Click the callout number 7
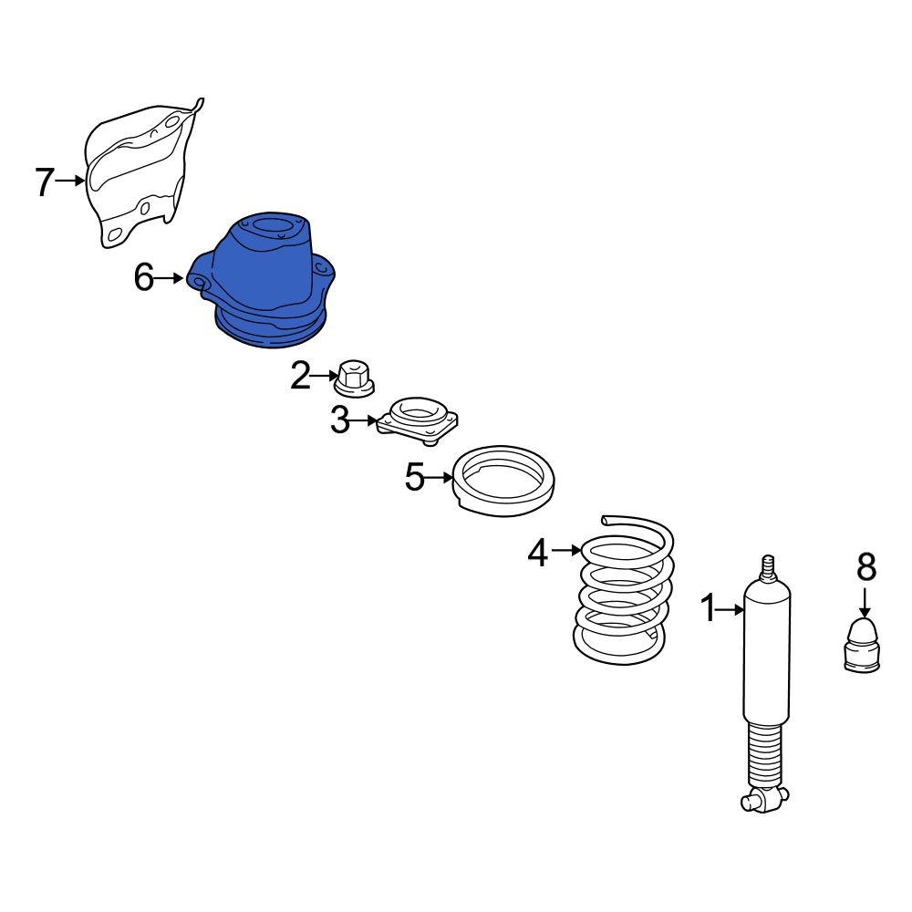(45, 181)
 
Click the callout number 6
(144, 277)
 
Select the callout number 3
(339, 420)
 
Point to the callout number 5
(415, 477)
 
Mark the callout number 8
(866, 566)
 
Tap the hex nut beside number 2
(354, 379)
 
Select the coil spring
(624, 590)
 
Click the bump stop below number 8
(862, 646)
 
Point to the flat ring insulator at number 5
(503, 481)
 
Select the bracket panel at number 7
(142, 173)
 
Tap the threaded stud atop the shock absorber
(768, 569)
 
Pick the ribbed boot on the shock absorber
(767, 755)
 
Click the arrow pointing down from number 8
(865, 603)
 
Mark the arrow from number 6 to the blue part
(170, 278)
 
